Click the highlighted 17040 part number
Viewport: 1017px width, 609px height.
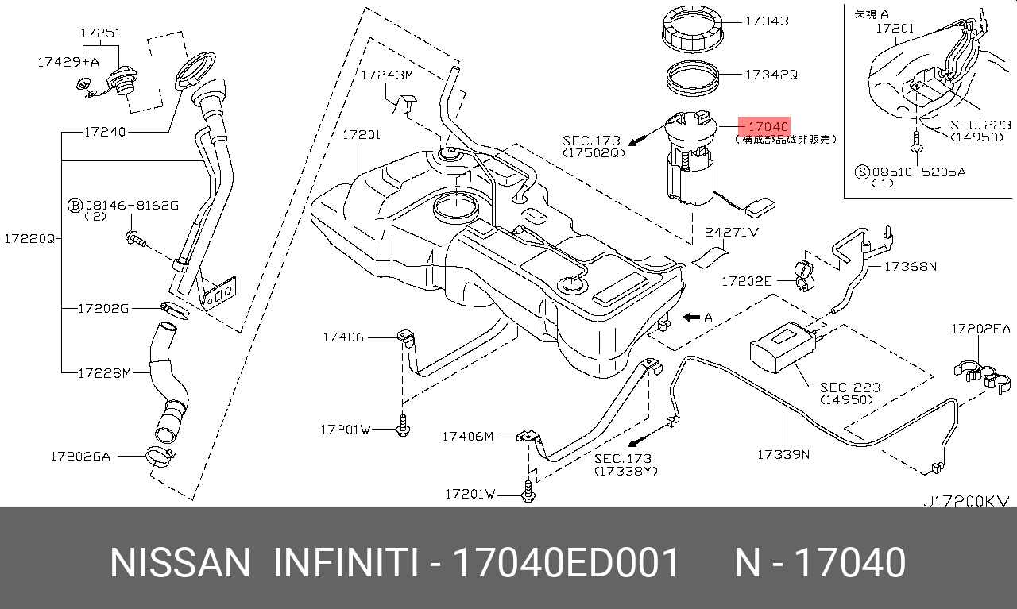tap(764, 126)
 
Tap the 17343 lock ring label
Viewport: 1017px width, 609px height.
tap(766, 21)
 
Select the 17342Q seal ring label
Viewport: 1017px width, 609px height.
tap(771, 75)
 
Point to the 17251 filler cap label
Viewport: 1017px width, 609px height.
tap(100, 33)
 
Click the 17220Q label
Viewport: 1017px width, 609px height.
tap(28, 237)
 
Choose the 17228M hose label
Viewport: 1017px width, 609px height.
tap(104, 372)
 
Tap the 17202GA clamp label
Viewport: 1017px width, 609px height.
tap(80, 456)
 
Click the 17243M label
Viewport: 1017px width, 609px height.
tap(387, 75)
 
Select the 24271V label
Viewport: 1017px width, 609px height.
tap(732, 233)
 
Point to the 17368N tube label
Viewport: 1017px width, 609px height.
tap(910, 267)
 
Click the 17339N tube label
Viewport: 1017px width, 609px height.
tap(783, 455)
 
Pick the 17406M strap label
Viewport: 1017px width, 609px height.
tap(468, 436)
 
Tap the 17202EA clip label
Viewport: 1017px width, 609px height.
tap(980, 328)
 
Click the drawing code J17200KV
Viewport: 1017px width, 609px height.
tap(965, 502)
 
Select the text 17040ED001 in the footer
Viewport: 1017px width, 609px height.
tap(566, 562)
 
